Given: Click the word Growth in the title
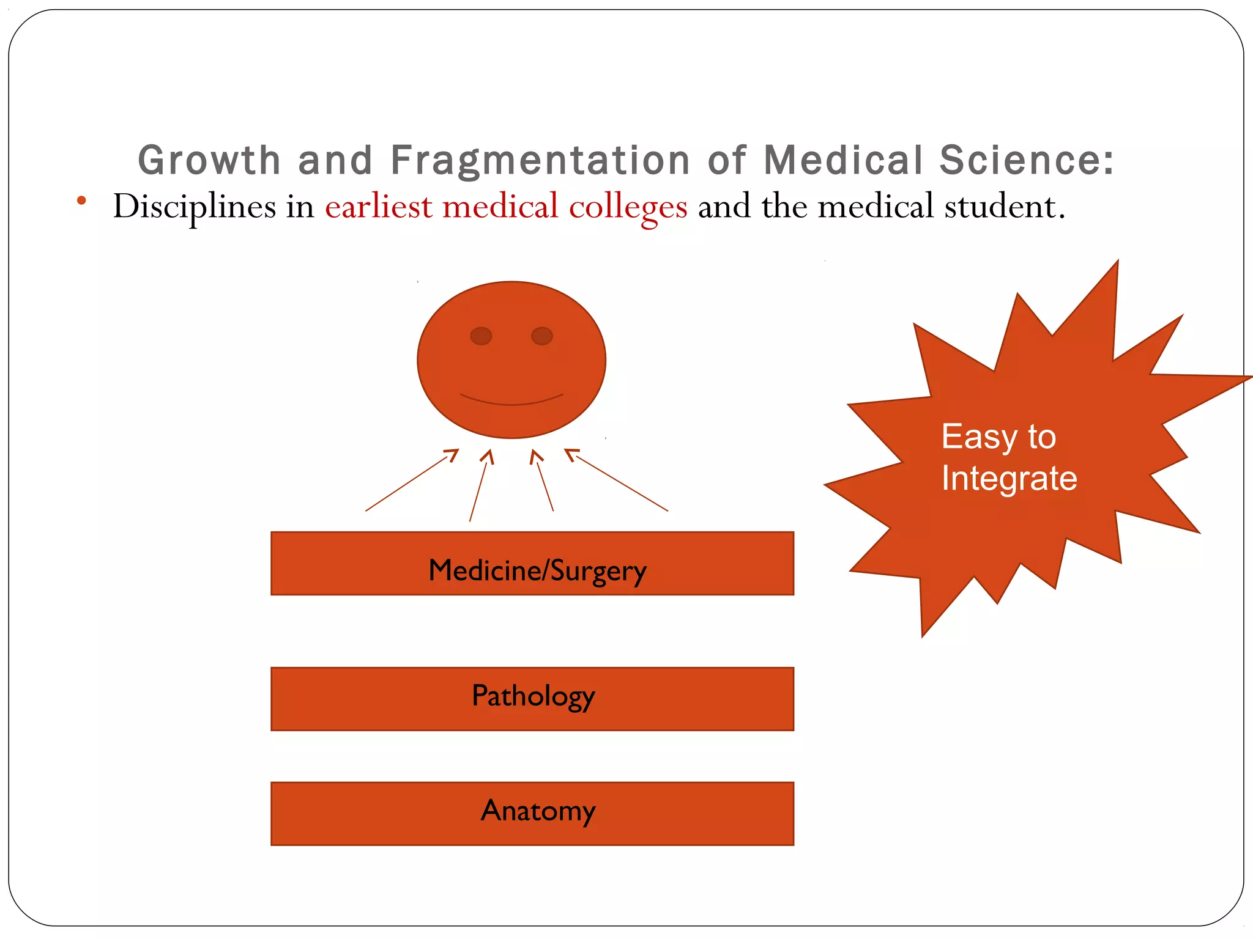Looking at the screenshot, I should pos(209,160).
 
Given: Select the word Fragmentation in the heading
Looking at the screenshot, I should pos(540,160).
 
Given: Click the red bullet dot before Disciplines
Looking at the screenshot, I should pos(81,200).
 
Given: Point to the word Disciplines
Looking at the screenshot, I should pos(194,207).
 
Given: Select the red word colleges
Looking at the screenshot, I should pos(628,207).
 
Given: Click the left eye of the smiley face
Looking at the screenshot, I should pos(481,336).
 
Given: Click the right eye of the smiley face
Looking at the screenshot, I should pos(542,336).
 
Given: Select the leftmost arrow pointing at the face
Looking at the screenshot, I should pos(412,480).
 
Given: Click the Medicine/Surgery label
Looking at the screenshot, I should pos(537,570).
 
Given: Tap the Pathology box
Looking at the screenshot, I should pos(532,699).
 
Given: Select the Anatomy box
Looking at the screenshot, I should pos(532,813).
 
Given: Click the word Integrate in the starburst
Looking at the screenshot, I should pos(1009,478).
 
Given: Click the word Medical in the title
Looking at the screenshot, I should pos(843,160).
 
